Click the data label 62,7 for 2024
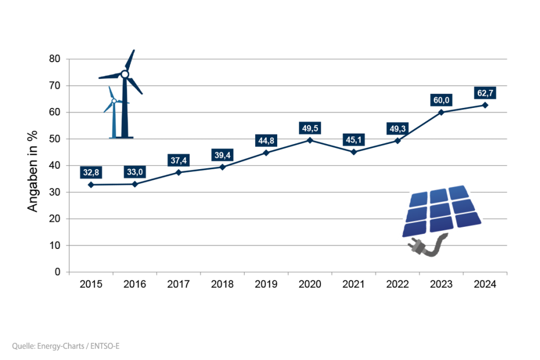coord(484,93)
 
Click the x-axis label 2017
coord(178,284)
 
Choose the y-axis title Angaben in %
coord(33,172)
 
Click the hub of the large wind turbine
coord(124,75)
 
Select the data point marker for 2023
coord(441,112)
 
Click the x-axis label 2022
coord(398,284)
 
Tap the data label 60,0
coord(441,100)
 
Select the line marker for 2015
coord(91,185)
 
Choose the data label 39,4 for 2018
coord(222,155)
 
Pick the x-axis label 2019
coord(266,284)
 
